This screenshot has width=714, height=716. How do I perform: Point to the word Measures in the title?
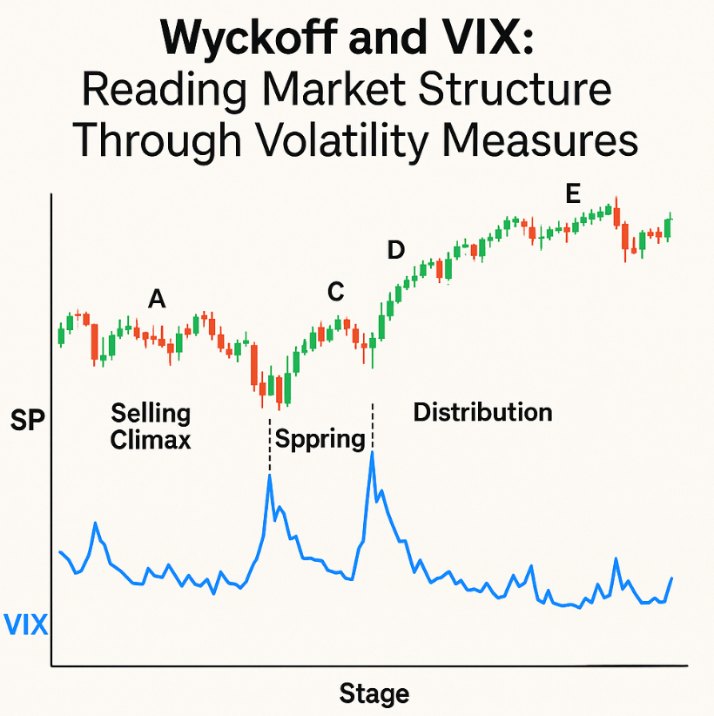pos(557,138)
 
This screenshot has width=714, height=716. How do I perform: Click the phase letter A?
pos(157,300)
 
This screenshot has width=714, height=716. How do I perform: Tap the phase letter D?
pos(396,251)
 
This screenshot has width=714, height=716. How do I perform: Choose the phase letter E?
pos(572,195)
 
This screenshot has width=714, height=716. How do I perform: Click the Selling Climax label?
pos(151,426)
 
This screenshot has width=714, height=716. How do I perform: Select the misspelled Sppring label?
pos(320,437)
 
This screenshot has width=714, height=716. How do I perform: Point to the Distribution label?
pos(482,411)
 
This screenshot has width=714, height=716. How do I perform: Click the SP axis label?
pos(27,422)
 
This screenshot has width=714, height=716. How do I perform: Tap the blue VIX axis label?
pos(26,624)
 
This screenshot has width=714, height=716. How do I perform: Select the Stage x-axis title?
pos(374,694)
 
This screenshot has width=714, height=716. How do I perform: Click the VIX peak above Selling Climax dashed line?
pos(270,476)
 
